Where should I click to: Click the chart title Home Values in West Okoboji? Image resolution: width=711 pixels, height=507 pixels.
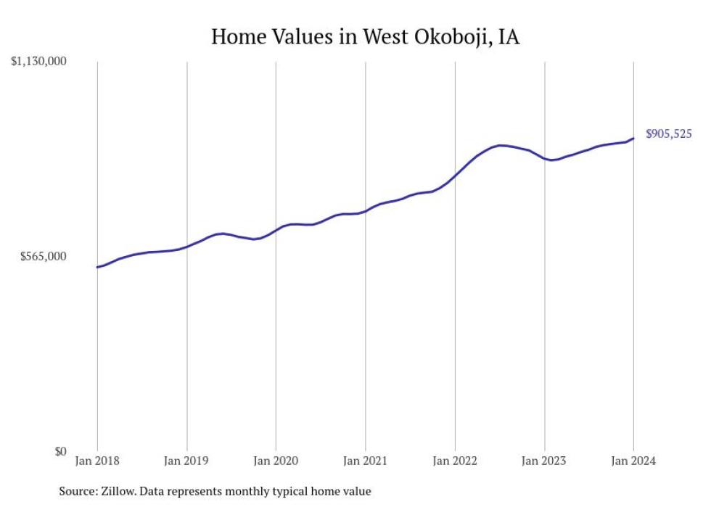pos(365,36)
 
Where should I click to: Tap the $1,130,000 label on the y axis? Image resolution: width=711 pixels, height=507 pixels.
pos(39,62)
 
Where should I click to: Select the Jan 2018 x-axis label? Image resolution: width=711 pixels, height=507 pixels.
pos(97,461)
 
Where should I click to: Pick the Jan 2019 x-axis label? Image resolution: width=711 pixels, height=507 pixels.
pos(186,461)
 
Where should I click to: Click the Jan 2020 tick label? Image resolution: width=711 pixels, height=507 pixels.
pos(276,461)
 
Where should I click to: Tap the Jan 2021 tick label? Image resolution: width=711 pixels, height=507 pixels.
pos(365,461)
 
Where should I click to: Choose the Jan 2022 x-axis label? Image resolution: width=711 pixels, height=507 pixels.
pos(455,461)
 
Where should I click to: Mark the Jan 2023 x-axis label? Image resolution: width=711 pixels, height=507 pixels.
pos(544,461)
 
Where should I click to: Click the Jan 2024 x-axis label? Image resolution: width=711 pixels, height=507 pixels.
pos(633,461)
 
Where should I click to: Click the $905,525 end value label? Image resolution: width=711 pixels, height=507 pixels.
pos(668,133)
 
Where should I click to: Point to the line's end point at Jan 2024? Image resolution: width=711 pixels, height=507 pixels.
pos(633,138)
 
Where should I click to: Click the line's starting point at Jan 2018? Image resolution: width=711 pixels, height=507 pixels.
pos(97,267)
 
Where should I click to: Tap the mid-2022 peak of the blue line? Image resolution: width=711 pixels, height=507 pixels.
pos(501,145)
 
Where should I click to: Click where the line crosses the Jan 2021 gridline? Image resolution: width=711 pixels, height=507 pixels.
pos(365,211)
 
